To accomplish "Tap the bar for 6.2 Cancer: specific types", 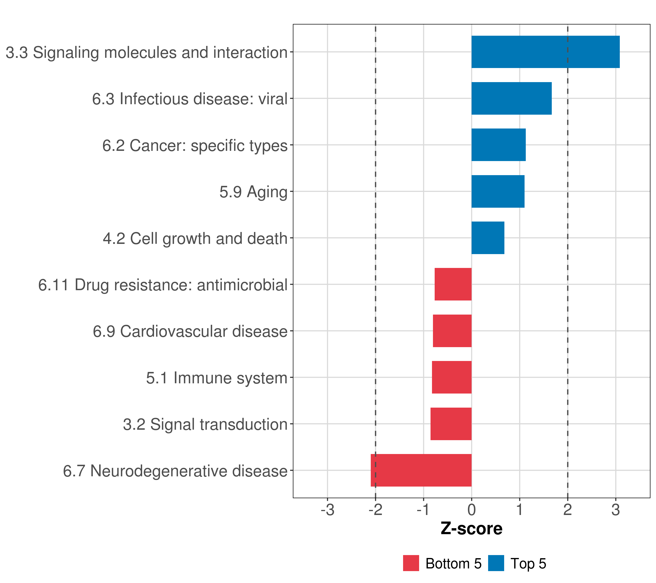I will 498,145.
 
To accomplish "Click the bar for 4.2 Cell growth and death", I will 488,238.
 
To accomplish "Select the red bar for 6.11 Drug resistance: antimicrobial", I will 453,284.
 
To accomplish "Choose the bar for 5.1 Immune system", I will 452,377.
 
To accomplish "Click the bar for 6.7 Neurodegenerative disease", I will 421,470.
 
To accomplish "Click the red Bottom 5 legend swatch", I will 411,563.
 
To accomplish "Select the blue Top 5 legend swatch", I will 496,563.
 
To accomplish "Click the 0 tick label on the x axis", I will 471,510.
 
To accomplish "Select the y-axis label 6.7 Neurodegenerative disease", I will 175,471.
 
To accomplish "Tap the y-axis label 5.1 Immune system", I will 217,378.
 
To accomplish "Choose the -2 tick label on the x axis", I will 375,510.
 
